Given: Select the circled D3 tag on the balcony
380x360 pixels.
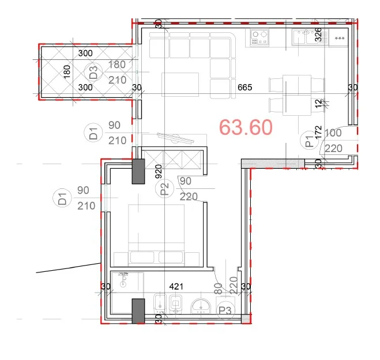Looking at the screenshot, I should click(93, 73).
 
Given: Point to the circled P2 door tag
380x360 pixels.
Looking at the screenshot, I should click(164, 188).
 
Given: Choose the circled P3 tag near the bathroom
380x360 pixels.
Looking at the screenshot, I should click(225, 310).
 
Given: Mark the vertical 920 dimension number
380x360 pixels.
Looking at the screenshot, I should click(157, 171).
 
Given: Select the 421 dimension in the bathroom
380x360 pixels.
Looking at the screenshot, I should click(175, 286).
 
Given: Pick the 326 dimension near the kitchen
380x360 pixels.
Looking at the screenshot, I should click(317, 36).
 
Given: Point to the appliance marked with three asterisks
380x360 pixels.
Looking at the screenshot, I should click(338, 39).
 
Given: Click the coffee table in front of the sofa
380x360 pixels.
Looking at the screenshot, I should click(180, 84).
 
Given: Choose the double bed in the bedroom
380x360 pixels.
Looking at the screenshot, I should click(156, 236).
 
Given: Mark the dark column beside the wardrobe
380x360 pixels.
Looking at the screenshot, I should click(138, 172).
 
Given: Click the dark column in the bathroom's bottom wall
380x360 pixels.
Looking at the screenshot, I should click(138, 311).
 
